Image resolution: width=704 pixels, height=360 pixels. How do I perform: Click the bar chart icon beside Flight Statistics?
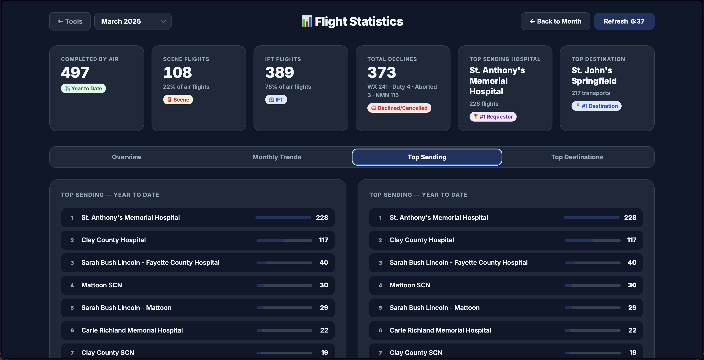(x=306, y=21)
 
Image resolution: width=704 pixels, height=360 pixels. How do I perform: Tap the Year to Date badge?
(x=83, y=88)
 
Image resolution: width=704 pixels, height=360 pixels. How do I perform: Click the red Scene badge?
(x=178, y=99)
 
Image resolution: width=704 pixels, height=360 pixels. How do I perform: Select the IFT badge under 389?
(x=276, y=99)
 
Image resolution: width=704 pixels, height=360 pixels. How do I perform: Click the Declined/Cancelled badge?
(x=399, y=108)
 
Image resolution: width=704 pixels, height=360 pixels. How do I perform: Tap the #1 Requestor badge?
(x=493, y=117)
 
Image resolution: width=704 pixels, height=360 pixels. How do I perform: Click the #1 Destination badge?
(x=596, y=106)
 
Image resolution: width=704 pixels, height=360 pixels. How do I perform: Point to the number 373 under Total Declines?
(x=382, y=72)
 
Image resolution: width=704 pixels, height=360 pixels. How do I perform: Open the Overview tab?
(x=127, y=157)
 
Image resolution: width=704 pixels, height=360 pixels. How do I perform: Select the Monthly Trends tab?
(x=277, y=157)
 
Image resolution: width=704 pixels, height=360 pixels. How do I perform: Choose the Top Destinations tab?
(x=577, y=157)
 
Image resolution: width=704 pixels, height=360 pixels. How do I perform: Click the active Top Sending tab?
(x=427, y=157)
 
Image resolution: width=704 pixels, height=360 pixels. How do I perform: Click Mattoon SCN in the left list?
(x=102, y=285)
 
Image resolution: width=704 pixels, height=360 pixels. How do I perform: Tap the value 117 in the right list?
(x=631, y=240)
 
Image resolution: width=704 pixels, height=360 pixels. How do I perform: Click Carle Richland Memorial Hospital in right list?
(x=440, y=330)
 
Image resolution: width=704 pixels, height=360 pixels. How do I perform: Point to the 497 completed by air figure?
(x=75, y=72)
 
